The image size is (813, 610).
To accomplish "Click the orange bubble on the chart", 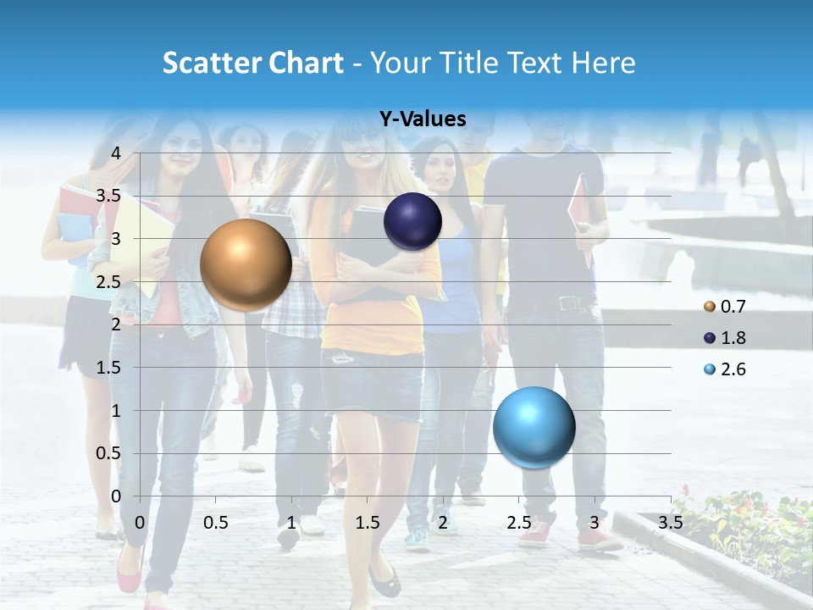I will (x=246, y=265).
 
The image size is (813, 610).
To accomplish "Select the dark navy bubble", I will (x=412, y=221).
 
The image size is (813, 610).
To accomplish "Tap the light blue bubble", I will (x=534, y=427).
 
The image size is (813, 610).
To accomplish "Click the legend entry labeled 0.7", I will (x=726, y=307).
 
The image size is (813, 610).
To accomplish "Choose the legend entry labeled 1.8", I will (x=726, y=338).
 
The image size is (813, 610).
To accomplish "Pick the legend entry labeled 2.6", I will (x=726, y=369).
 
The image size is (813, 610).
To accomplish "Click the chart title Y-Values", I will (x=422, y=119).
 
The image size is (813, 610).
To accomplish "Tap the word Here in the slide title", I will (x=602, y=63).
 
